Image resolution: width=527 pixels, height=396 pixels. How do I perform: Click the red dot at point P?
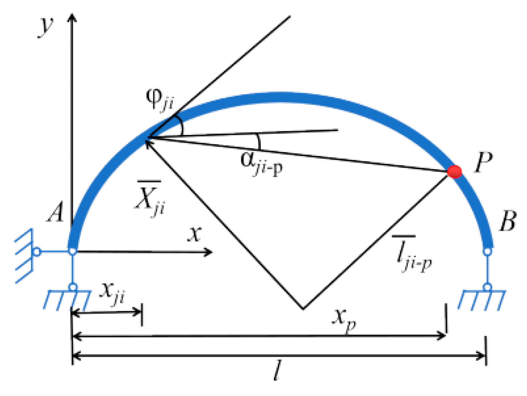[x=454, y=172]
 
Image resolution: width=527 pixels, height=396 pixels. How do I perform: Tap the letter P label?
[x=483, y=163]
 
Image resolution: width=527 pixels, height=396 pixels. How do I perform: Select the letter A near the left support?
[x=56, y=212]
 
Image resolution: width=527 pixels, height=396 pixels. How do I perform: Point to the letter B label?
[x=508, y=221]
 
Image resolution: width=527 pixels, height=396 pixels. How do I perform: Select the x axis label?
[x=194, y=234]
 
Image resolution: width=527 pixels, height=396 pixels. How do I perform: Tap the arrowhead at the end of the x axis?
[x=209, y=252]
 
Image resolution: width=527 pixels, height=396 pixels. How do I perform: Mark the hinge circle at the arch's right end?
[x=487, y=251]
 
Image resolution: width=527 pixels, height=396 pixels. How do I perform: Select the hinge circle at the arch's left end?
[x=73, y=251]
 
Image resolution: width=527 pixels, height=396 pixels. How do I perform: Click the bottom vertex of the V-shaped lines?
[x=303, y=308]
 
